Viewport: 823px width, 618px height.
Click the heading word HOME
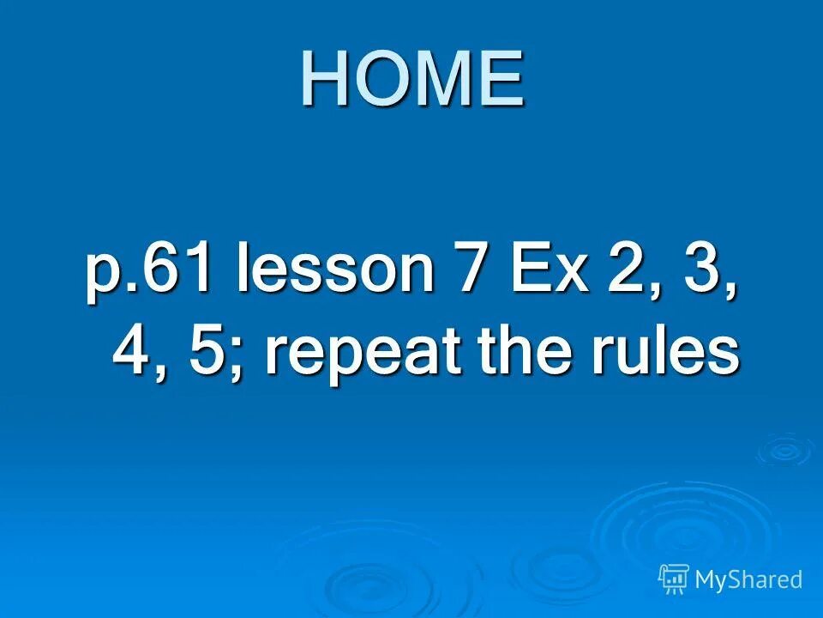pos(411,79)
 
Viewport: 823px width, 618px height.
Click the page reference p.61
pos(148,271)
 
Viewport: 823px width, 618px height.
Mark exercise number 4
pos(133,352)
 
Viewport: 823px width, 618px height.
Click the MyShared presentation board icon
pos(674,579)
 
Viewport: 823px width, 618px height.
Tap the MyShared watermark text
pos(748,580)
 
